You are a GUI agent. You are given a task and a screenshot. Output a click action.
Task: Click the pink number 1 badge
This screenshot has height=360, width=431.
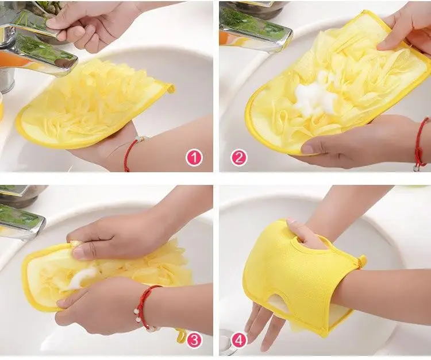pyautogui.click(x=194, y=157)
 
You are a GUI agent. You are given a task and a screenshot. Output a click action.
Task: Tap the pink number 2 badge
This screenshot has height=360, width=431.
pyautogui.click(x=238, y=157)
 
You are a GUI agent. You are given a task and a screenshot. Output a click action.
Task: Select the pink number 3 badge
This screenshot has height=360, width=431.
pyautogui.click(x=194, y=340)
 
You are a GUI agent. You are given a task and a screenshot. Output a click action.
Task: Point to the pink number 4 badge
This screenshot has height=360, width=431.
pyautogui.click(x=238, y=340)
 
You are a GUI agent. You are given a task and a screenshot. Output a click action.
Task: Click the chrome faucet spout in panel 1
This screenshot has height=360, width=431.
pyautogui.click(x=40, y=55)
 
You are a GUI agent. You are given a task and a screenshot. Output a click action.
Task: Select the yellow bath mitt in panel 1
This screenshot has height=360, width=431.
pyautogui.click(x=92, y=106)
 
